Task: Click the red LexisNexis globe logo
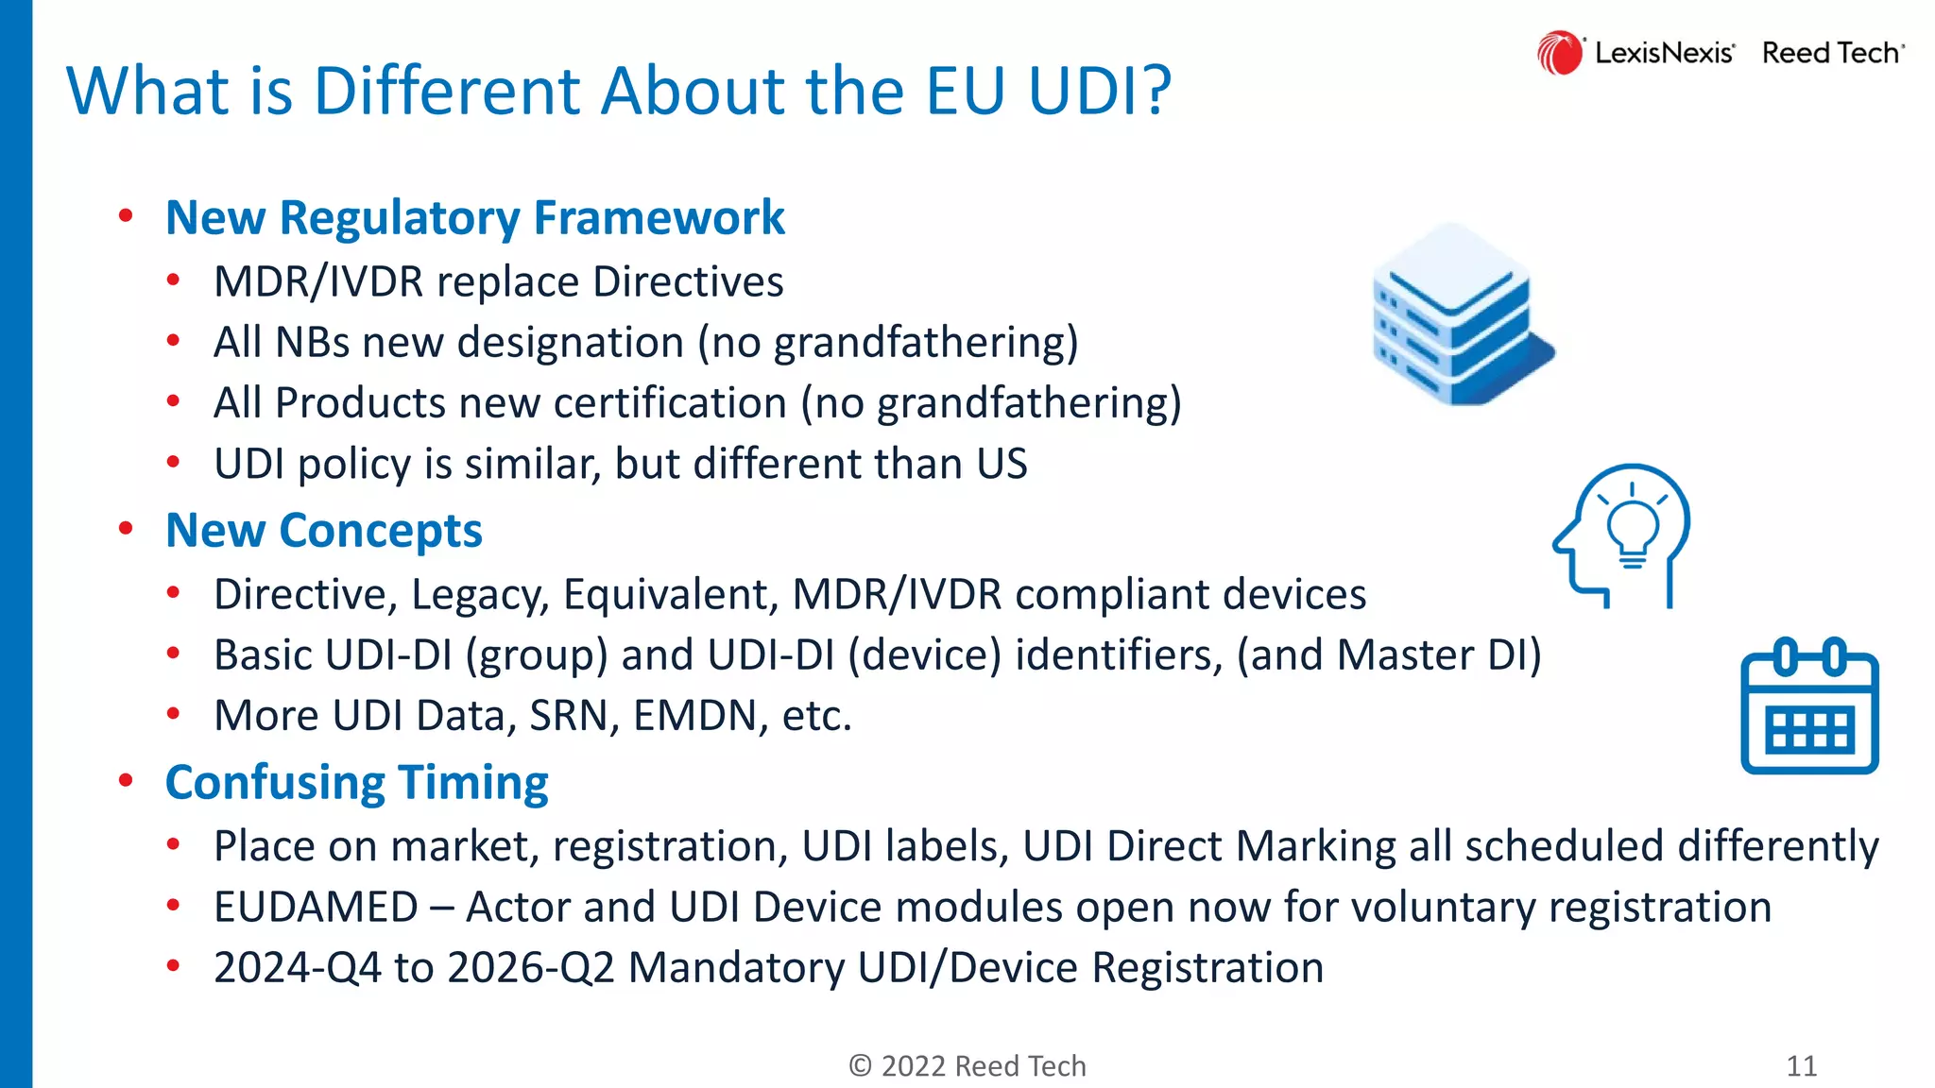pyautogui.click(x=1559, y=53)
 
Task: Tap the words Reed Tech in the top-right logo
pyautogui.click(x=1831, y=53)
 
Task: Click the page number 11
pyautogui.click(x=1802, y=1065)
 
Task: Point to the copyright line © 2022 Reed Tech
pyautogui.click(x=967, y=1065)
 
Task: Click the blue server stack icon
pyautogui.click(x=1461, y=315)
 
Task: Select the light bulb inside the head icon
pyautogui.click(x=1632, y=530)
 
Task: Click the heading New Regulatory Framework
pyautogui.click(x=474, y=218)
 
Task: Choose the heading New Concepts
pyautogui.click(x=323, y=531)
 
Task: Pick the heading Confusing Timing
pyautogui.click(x=356, y=783)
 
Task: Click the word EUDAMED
pyautogui.click(x=316, y=908)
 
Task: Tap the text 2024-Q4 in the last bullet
pyautogui.click(x=298, y=968)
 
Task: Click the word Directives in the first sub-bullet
pyautogui.click(x=688, y=281)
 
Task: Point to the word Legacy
pyautogui.click(x=480, y=595)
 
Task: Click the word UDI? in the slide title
pyautogui.click(x=1100, y=92)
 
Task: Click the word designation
pyautogui.click(x=570, y=343)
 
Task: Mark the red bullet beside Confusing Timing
pyautogui.click(x=126, y=781)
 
